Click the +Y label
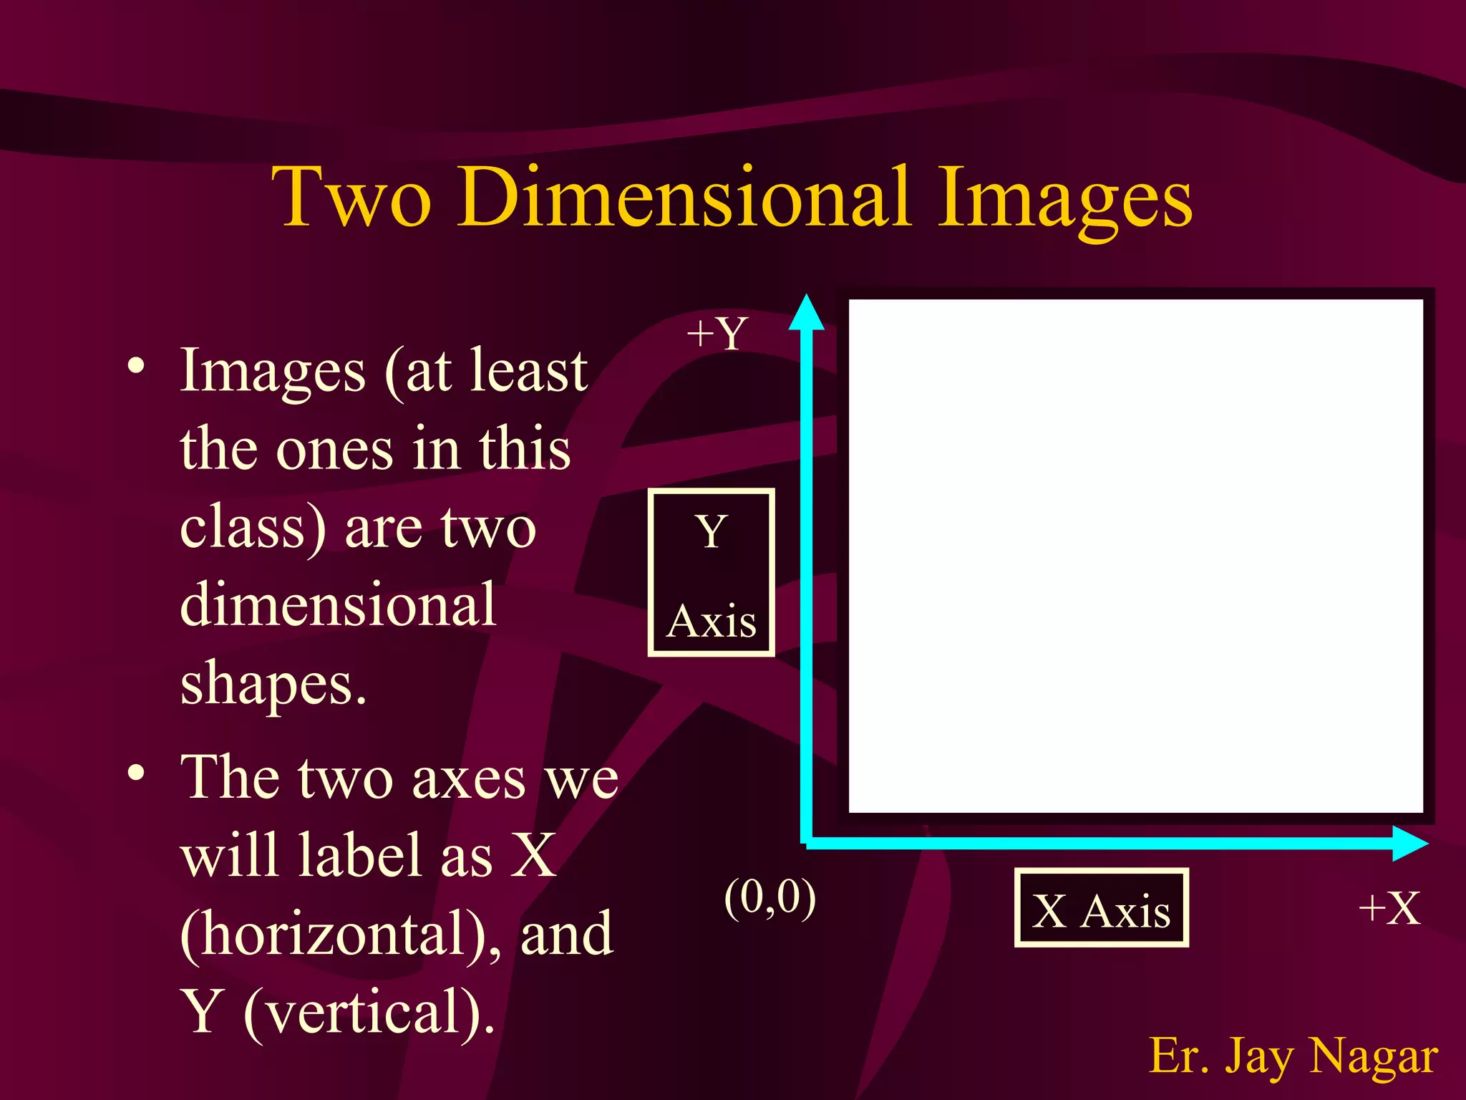pyautogui.click(x=717, y=334)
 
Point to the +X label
pyautogui.click(x=1389, y=909)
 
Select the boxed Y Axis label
pyautogui.click(x=711, y=572)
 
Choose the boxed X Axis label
pyautogui.click(x=1101, y=909)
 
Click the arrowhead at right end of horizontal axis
pyautogui.click(x=1409, y=843)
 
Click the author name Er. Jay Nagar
pyautogui.click(x=1293, y=1056)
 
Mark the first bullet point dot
pyautogui.click(x=136, y=367)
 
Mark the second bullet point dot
pyautogui.click(x=136, y=773)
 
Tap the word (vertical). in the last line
pyautogui.click(x=369, y=1012)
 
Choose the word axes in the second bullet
pyautogui.click(x=468, y=779)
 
